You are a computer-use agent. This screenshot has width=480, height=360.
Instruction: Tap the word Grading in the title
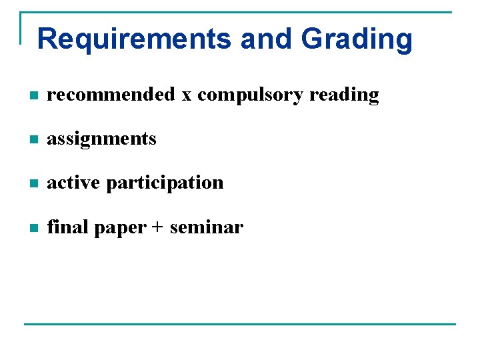tap(357, 39)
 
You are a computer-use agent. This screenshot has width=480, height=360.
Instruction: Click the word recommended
tap(111, 95)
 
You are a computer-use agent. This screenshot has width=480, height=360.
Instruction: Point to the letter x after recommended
tap(187, 95)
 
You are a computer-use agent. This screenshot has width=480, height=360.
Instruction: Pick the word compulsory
tap(250, 95)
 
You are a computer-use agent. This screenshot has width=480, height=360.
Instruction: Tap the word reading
tap(344, 95)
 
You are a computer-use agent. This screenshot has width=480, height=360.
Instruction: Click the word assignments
tap(101, 139)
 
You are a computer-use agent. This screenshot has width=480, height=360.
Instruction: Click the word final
tap(68, 227)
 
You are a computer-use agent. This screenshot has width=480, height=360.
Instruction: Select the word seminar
tap(207, 227)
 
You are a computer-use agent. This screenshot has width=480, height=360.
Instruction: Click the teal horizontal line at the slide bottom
tap(240, 324)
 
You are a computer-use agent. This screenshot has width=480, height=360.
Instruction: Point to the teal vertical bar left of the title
tap(21, 28)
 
